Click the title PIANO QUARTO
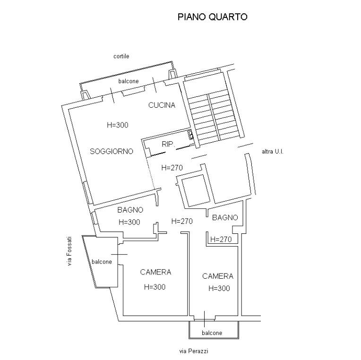click(x=213, y=17)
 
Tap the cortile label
click(x=121, y=56)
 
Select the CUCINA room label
click(x=162, y=105)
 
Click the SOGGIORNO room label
click(x=112, y=151)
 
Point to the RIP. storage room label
click(x=168, y=144)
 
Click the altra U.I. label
click(x=273, y=152)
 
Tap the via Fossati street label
click(x=69, y=251)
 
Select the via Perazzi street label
click(x=194, y=351)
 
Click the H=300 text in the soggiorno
click(x=117, y=125)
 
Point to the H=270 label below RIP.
click(x=172, y=168)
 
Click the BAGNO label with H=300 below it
click(x=130, y=210)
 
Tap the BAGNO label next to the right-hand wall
click(x=225, y=217)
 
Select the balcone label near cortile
click(x=129, y=81)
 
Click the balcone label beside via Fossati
click(x=102, y=262)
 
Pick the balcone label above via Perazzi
click(x=212, y=333)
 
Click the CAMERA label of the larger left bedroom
click(x=155, y=272)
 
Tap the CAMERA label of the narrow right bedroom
click(x=217, y=276)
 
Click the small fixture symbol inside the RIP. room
click(x=190, y=135)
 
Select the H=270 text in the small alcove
click(x=221, y=240)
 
